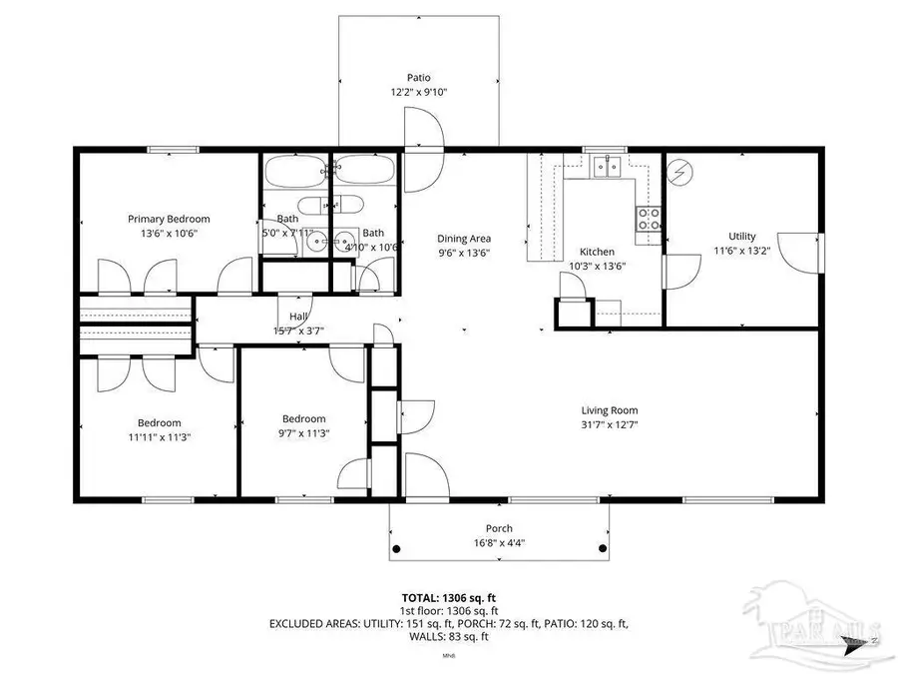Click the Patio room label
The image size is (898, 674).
pos(418,77)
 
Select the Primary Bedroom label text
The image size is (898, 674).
pos(169,219)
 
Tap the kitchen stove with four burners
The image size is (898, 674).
pos(649,219)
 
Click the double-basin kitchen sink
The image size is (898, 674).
pos(605,167)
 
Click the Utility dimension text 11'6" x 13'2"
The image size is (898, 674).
pos(742,251)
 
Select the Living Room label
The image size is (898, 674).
pos(610,409)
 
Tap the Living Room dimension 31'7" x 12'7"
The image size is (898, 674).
pos(610,424)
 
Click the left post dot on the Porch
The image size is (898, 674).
pos(396,549)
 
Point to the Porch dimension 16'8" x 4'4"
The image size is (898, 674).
pos(499,543)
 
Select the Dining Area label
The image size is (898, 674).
pos(464,239)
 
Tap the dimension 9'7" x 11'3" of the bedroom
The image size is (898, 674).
pos(303,433)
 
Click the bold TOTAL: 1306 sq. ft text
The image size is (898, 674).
pos(448,597)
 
